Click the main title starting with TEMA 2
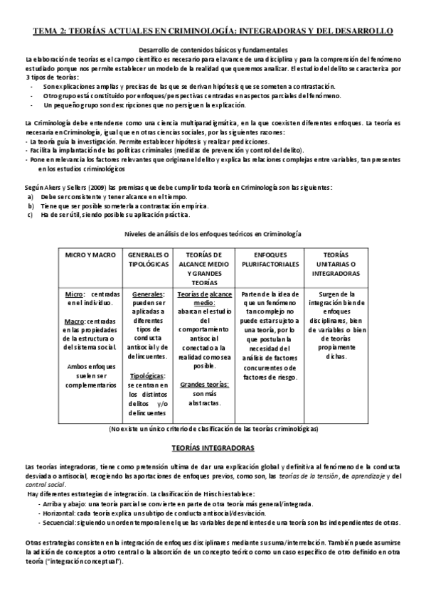pos(213,32)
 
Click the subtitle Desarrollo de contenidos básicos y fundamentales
pos(213,50)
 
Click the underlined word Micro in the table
pos(74,294)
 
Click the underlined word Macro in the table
pos(75,321)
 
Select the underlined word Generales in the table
pos(148,294)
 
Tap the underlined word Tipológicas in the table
pos(148,376)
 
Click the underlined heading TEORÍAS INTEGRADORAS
pos(213,449)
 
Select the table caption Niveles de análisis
pos(213,234)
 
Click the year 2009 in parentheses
pos(97,187)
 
